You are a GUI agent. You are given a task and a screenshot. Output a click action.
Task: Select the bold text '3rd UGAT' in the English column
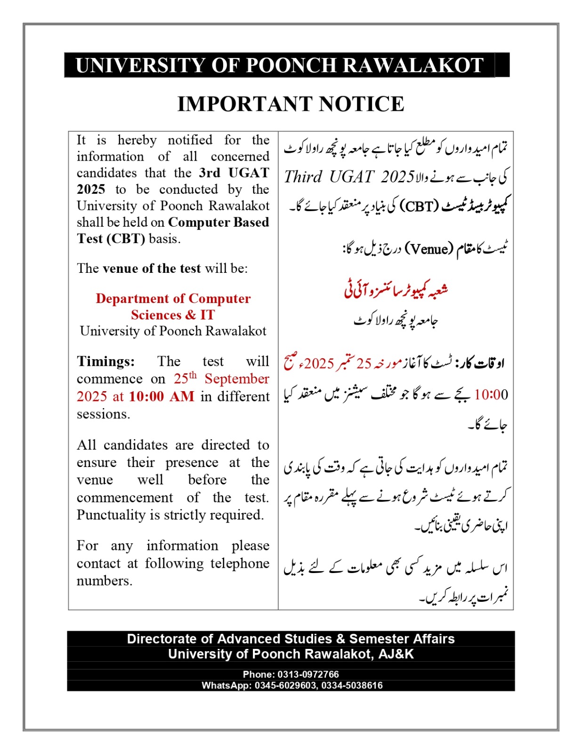pyautogui.click(x=234, y=173)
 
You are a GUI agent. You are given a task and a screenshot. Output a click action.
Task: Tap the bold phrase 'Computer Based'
pyautogui.click(x=218, y=222)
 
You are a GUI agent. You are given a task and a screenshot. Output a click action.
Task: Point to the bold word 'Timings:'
pyautogui.click(x=106, y=361)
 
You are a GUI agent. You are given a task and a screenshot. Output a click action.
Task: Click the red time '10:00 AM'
pyautogui.click(x=162, y=397)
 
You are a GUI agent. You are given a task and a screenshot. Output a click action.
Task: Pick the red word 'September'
pyautogui.click(x=237, y=379)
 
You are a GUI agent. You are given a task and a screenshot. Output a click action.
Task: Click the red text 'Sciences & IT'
pyautogui.click(x=173, y=315)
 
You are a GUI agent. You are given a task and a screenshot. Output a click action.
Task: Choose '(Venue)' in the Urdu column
pyautogui.click(x=429, y=248)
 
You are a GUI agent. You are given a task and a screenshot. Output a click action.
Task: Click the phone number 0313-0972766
pyautogui.click(x=308, y=674)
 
